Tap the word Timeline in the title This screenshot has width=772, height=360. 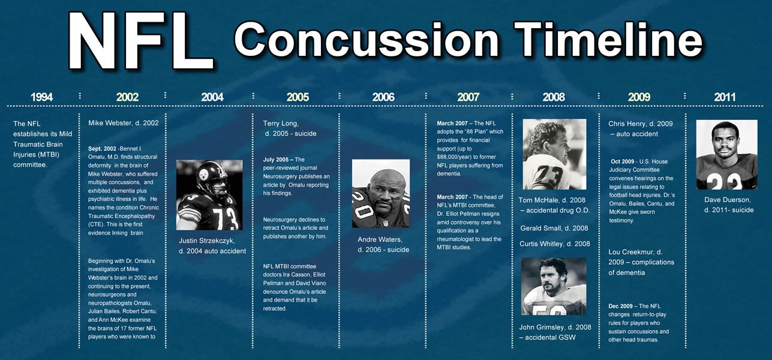click(x=608, y=39)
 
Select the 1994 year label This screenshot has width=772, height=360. click(x=42, y=97)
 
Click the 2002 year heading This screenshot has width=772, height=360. click(x=127, y=97)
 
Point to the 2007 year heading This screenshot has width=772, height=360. click(x=468, y=97)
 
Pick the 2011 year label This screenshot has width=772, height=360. click(x=725, y=97)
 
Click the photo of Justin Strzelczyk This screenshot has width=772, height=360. click(x=209, y=195)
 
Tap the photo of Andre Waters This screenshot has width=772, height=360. click(x=381, y=193)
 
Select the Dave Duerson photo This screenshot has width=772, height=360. click(x=727, y=154)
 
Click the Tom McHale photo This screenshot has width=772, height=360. click(x=554, y=154)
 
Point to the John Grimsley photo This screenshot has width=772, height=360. click(x=554, y=286)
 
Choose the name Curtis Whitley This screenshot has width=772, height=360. click(x=542, y=244)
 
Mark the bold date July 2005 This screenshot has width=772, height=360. click(x=276, y=160)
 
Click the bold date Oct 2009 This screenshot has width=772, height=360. click(x=623, y=161)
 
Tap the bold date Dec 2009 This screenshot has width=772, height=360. click(x=620, y=306)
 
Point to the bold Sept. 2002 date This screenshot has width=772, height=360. click(x=102, y=149)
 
